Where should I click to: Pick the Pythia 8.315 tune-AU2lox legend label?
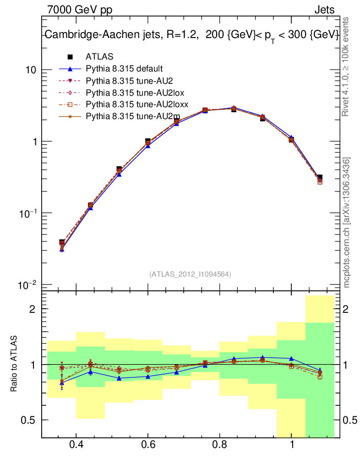pyautogui.click(x=130, y=93)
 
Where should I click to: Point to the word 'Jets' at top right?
pyautogui.click(x=324, y=10)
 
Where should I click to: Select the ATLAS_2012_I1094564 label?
pyautogui.click(x=190, y=274)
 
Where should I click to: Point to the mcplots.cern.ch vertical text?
pyautogui.click(x=347, y=223)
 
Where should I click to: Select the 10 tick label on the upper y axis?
pyautogui.click(x=32, y=70)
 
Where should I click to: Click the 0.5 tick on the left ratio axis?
pyautogui.click(x=30, y=420)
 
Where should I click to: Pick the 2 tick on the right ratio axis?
pyautogui.click(x=347, y=309)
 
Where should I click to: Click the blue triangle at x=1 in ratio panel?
pyautogui.click(x=292, y=358)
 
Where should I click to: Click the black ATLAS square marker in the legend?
pyautogui.click(x=71, y=57)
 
